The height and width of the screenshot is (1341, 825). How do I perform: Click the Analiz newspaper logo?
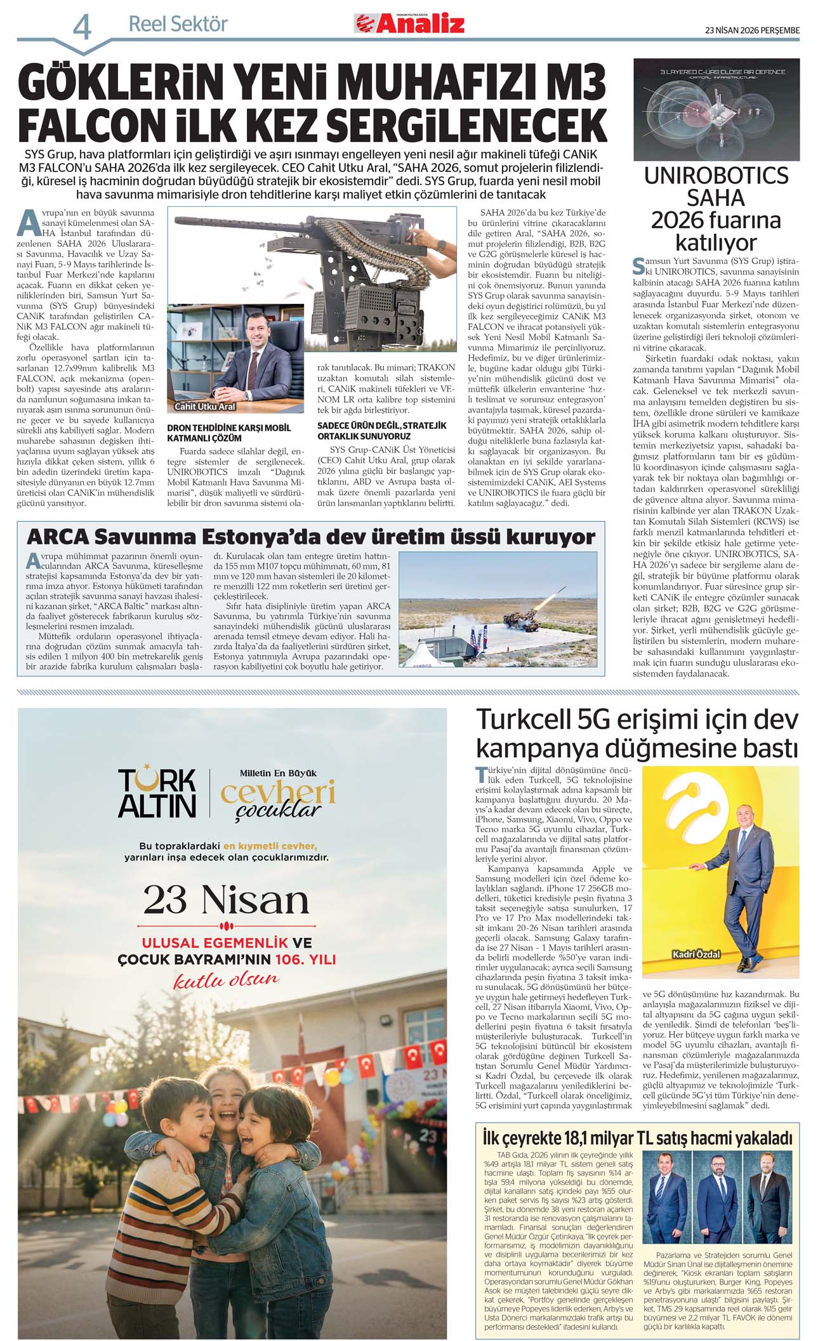(x=409, y=24)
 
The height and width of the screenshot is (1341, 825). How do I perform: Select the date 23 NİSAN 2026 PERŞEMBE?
(x=752, y=30)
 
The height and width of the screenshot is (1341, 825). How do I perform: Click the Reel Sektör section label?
(x=178, y=24)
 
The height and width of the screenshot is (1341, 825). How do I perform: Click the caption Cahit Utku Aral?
(x=204, y=406)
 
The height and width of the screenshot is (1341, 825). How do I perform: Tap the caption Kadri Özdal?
(x=696, y=954)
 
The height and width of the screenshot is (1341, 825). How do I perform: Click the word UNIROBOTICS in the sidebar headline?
(x=716, y=176)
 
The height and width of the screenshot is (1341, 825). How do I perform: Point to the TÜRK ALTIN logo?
(x=157, y=793)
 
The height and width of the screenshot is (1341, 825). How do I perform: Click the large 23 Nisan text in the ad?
(x=226, y=900)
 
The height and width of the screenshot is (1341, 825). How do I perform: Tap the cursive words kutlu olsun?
(x=226, y=979)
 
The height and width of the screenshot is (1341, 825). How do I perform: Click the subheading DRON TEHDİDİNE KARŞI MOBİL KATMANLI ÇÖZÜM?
(x=228, y=432)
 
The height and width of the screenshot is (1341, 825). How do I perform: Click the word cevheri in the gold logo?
(x=277, y=792)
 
